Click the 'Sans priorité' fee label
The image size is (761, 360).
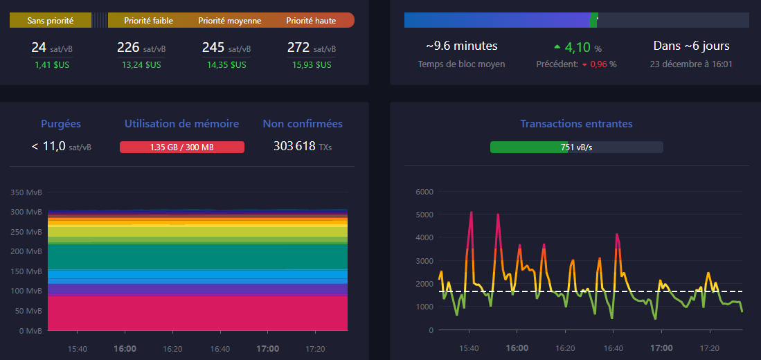point(50,21)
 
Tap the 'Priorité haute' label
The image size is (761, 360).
point(311,21)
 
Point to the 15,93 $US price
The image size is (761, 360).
point(312,65)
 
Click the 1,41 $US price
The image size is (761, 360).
point(52,65)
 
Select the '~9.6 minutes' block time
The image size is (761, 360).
point(461,46)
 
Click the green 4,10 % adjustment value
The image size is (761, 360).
point(577,48)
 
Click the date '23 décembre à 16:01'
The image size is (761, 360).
point(691,64)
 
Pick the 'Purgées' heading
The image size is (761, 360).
point(61,124)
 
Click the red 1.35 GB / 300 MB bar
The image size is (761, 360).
point(182,147)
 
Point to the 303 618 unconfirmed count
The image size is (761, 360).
point(295,146)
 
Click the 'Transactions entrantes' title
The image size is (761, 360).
point(576,124)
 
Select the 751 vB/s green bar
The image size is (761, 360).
point(530,147)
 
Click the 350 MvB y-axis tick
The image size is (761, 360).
point(26,192)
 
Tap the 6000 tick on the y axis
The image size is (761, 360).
point(423,192)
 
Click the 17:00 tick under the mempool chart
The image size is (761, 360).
point(267,348)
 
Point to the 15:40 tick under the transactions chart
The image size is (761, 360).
point(469,348)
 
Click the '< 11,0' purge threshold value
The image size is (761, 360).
point(48,146)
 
